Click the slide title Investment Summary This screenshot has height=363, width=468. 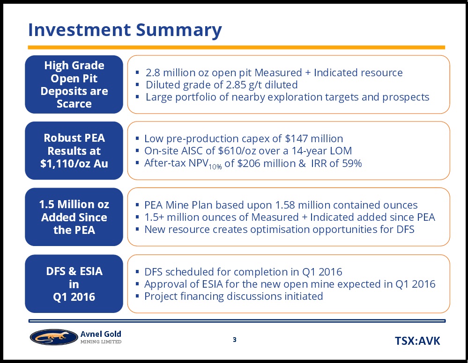click(125, 30)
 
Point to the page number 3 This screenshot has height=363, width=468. click(235, 340)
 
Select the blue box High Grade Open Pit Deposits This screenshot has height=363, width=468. click(74, 84)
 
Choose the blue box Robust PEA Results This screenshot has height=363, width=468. click(74, 151)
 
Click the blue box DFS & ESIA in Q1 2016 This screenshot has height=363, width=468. click(74, 283)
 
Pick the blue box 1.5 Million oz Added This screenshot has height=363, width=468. click(74, 217)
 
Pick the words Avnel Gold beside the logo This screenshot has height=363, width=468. click(101, 334)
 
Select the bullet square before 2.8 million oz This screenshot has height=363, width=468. click(137, 73)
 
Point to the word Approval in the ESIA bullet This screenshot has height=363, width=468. click(164, 284)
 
